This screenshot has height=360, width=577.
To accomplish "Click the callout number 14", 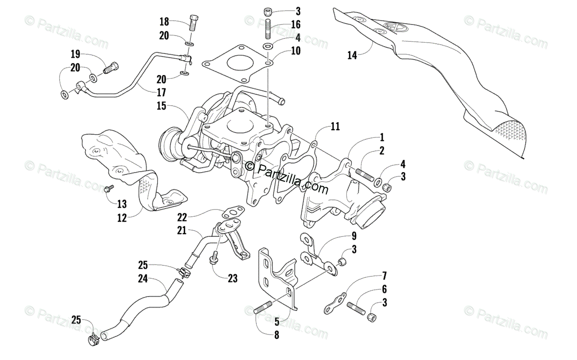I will click(352, 55).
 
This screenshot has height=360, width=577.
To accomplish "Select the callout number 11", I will click(335, 127).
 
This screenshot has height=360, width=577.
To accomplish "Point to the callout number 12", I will click(122, 218).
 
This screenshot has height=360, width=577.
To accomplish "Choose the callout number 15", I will click(161, 105).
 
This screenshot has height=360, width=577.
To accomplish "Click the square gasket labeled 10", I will click(236, 64).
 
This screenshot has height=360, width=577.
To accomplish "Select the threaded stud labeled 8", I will click(262, 308).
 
